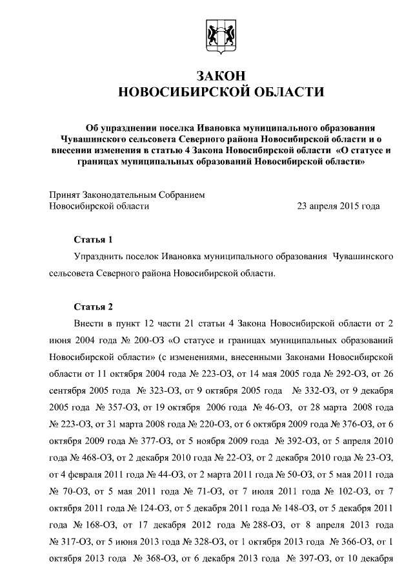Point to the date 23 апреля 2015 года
[337, 206]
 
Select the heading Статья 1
[93, 239]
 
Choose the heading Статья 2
[93, 306]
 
